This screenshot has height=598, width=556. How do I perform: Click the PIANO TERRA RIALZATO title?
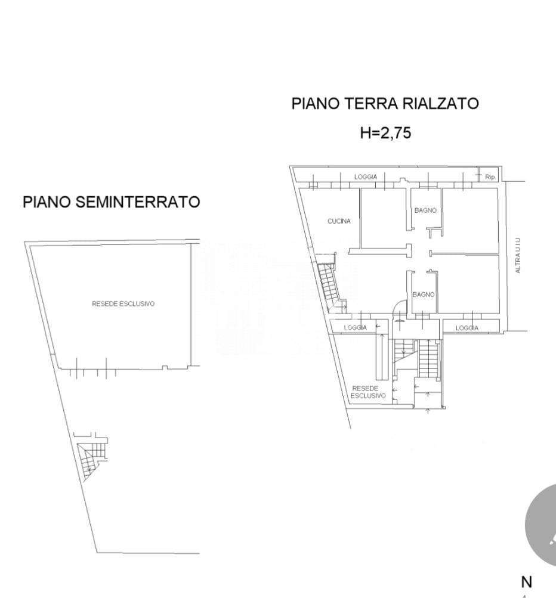click(x=385, y=104)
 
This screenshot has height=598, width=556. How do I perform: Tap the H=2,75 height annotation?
click(x=385, y=133)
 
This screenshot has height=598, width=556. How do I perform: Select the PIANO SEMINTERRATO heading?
click(x=112, y=202)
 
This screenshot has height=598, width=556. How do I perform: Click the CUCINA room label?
click(x=339, y=221)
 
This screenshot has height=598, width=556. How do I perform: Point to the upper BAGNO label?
click(x=425, y=210)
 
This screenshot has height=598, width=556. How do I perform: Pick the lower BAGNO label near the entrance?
click(x=424, y=295)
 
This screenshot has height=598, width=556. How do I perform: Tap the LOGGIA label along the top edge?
click(x=366, y=176)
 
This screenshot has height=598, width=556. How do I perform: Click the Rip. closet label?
click(x=490, y=177)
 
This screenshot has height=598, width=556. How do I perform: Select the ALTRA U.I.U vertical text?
click(x=518, y=255)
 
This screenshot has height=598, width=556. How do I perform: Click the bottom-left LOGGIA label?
click(x=356, y=327)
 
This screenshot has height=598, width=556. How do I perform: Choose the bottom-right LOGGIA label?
click(x=467, y=328)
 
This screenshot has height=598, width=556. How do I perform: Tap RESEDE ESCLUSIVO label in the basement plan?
click(x=123, y=303)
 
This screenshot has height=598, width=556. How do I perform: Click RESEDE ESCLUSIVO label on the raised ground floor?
click(x=368, y=392)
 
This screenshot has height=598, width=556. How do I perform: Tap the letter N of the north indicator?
click(x=527, y=582)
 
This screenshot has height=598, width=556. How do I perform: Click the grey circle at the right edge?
click(x=542, y=525)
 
